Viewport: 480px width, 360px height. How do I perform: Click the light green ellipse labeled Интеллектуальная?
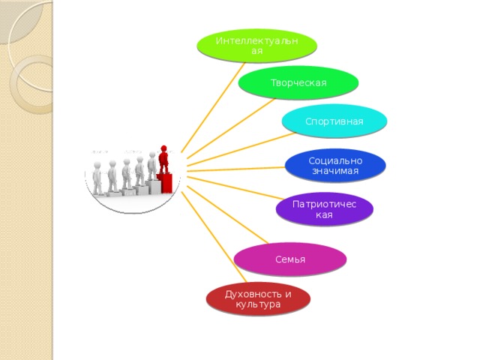click(256, 46)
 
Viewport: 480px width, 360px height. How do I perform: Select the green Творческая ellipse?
click(298, 82)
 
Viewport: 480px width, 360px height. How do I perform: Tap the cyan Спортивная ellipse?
click(334, 121)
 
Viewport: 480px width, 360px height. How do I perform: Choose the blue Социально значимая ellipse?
click(335, 166)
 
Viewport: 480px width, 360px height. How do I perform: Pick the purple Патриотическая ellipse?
click(325, 209)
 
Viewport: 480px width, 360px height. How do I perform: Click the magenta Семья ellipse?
click(290, 259)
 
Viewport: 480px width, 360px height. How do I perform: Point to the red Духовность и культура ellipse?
click(258, 299)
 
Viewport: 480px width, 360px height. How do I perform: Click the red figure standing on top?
click(163, 159)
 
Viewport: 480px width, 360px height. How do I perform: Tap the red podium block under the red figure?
click(165, 183)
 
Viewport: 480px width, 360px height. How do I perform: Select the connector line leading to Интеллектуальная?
click(213, 107)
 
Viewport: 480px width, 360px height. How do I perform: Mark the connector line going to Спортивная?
click(241, 149)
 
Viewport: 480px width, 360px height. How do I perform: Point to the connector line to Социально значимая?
click(236, 169)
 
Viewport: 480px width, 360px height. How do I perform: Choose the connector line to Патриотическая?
click(235, 188)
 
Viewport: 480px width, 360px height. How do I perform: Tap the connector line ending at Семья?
click(227, 215)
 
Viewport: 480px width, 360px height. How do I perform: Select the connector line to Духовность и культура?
click(214, 237)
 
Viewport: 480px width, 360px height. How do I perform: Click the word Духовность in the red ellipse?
click(253, 294)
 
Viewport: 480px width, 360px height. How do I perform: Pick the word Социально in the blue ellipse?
click(335, 160)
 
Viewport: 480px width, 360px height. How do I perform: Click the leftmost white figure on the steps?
click(97, 178)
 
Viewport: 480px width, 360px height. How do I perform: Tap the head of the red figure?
click(163, 148)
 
